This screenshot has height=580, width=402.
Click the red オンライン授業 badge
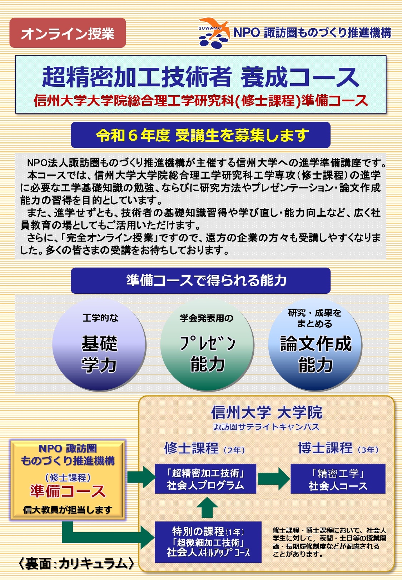pyautogui.click(x=68, y=33)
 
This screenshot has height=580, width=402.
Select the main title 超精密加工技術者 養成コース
pyautogui.click(x=200, y=77)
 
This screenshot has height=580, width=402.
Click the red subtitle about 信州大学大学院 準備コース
pyautogui.click(x=200, y=101)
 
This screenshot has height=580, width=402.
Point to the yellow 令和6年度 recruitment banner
pyautogui.click(x=200, y=135)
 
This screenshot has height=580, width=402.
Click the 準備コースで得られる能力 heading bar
pyautogui.click(x=200, y=281)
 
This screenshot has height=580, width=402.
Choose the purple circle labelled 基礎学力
pyautogui.click(x=99, y=344)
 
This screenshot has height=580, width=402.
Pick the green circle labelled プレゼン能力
pyautogui.click(x=207, y=344)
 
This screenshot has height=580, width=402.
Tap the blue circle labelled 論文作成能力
pyautogui.click(x=315, y=344)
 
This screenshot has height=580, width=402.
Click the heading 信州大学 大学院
pyautogui.click(x=266, y=412)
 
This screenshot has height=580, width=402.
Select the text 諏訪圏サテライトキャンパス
pyautogui.click(x=266, y=427)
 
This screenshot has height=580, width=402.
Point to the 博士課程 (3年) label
pyautogui.click(x=338, y=448)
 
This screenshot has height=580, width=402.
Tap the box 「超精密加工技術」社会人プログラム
pyautogui.click(x=205, y=479)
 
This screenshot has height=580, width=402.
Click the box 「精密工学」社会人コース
pyautogui.click(x=338, y=479)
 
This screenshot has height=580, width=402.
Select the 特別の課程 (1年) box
pyautogui.click(x=208, y=542)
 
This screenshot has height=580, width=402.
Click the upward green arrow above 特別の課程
pyautogui.click(x=207, y=507)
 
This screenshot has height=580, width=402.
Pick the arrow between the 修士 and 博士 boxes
pyautogui.click(x=273, y=479)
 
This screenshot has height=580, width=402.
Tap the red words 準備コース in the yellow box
pyautogui.click(x=68, y=491)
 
